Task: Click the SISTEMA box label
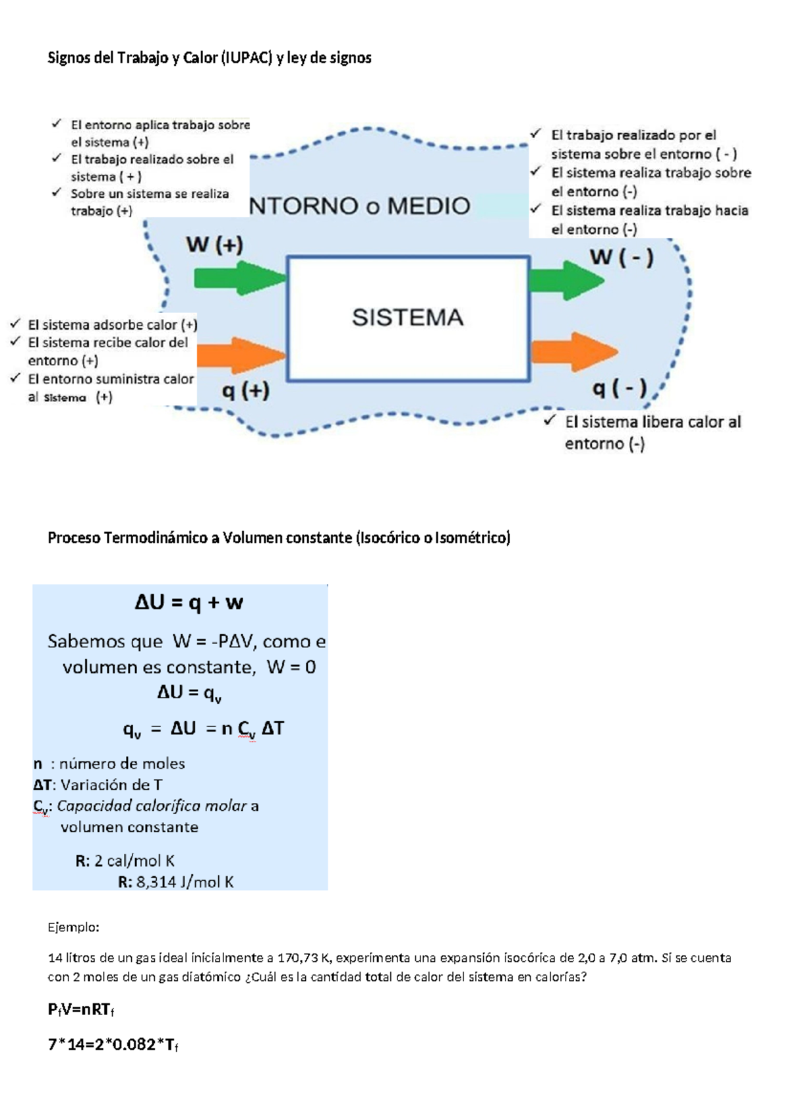pyautogui.click(x=407, y=318)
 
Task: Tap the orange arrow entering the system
pyautogui.click(x=240, y=355)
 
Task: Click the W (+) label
pyautogui.click(x=214, y=245)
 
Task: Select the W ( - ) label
pyautogui.click(x=621, y=257)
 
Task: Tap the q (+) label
pyautogui.click(x=245, y=391)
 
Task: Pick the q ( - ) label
pyautogui.click(x=619, y=388)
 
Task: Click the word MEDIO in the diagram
pyautogui.click(x=428, y=206)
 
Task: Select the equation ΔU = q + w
pyautogui.click(x=189, y=603)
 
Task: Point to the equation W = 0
pyautogui.click(x=291, y=667)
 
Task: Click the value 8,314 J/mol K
pyautogui.click(x=185, y=882)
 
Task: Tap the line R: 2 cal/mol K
pyautogui.click(x=125, y=861)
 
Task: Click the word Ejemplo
pyautogui.click(x=73, y=927)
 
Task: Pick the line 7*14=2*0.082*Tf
pyautogui.click(x=113, y=1045)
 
